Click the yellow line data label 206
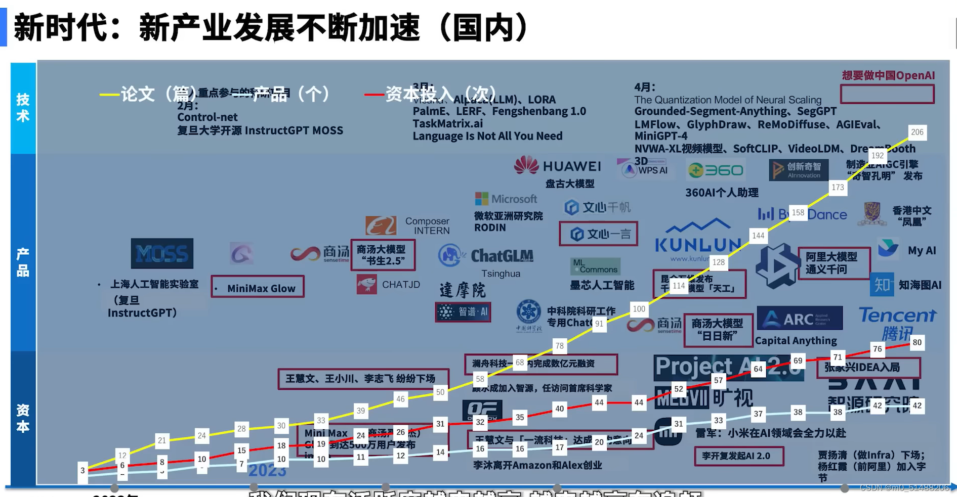click(x=917, y=132)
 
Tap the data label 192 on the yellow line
click(x=878, y=156)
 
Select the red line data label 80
click(x=917, y=342)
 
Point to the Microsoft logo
click(x=506, y=199)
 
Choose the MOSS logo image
click(x=162, y=253)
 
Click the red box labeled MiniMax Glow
click(x=258, y=287)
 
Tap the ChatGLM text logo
click(x=486, y=256)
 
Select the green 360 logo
click(x=716, y=170)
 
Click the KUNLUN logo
click(x=698, y=240)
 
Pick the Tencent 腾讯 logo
click(x=897, y=323)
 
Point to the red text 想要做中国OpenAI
click(x=888, y=75)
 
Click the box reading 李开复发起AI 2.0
click(x=739, y=456)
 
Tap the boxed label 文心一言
click(x=598, y=234)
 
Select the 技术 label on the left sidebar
click(x=23, y=108)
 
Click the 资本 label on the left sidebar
click(x=23, y=418)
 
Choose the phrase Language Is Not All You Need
click(x=487, y=136)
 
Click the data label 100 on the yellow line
click(x=639, y=308)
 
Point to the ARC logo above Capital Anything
click(x=800, y=319)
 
